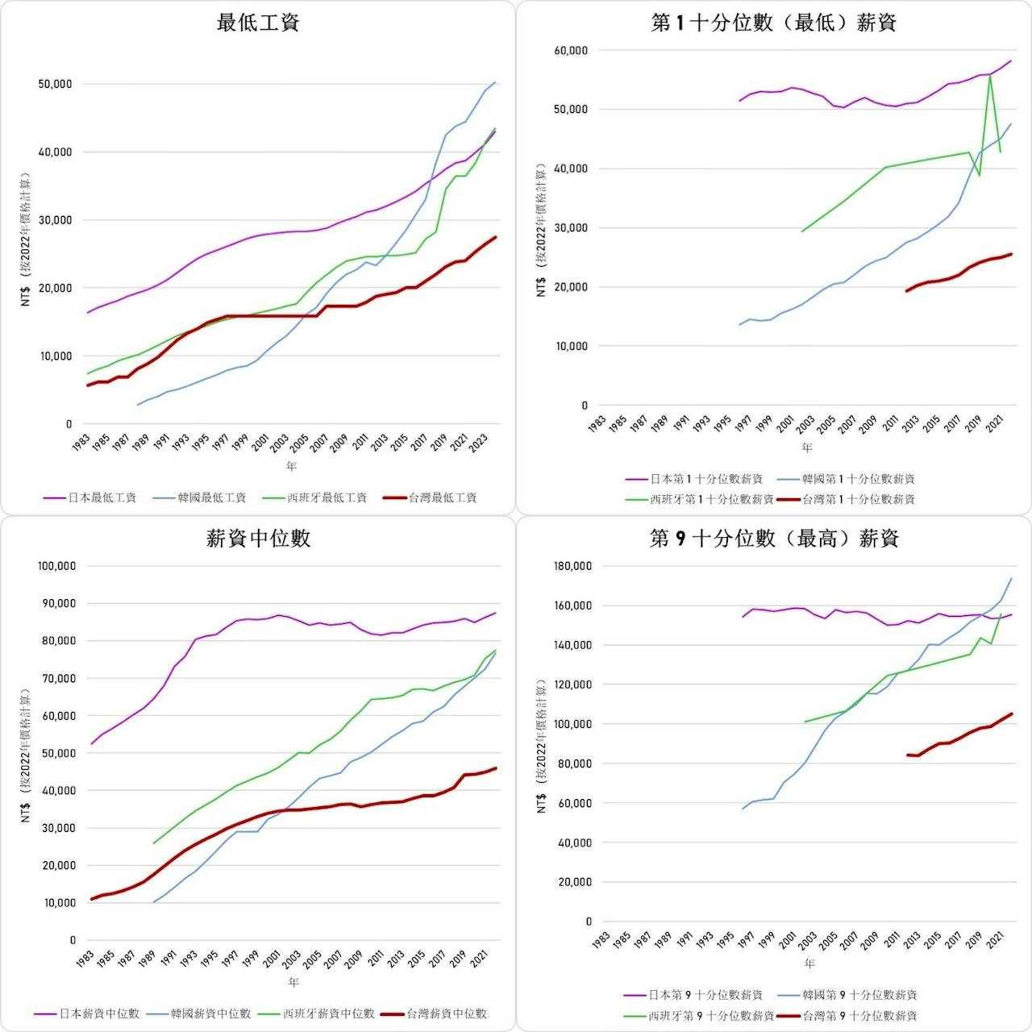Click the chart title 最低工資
[258, 23]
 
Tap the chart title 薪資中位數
[258, 539]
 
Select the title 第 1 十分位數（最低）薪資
[774, 23]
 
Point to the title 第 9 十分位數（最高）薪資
[774, 539]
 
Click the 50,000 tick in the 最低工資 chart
[55, 84]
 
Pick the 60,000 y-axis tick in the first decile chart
[571, 51]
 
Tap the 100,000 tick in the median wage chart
[56, 566]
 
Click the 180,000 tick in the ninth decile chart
[572, 566]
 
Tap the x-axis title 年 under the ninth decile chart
[809, 963]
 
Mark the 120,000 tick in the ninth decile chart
[572, 685]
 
